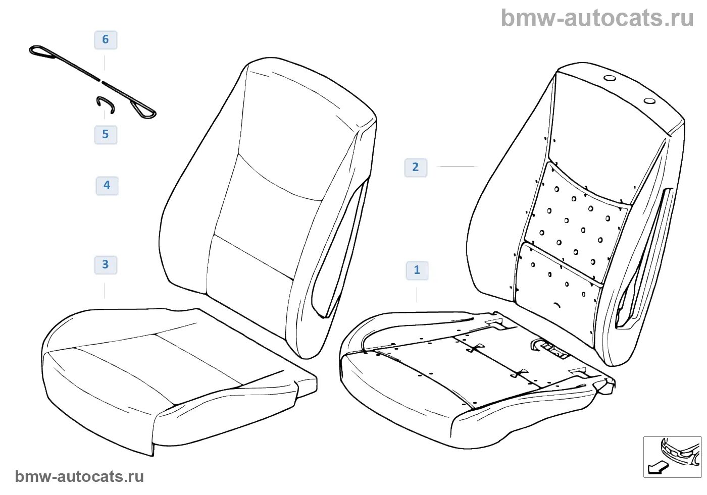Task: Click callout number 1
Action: point(417,270)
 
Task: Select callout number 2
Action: point(415,168)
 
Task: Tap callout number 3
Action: point(105,265)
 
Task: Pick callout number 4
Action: point(107,186)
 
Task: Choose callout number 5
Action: point(105,135)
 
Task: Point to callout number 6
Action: point(105,40)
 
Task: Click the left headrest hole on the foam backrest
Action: point(610,79)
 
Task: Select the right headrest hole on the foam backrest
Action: point(649,101)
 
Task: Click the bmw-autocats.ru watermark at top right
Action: point(597,19)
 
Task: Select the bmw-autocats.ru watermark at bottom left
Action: point(79,477)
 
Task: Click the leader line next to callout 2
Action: point(457,166)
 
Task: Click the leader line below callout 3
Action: point(105,291)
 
